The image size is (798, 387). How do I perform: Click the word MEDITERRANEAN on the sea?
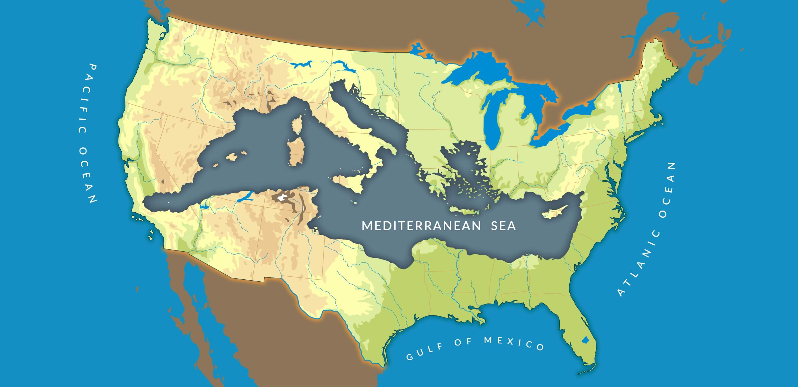coord(421,226)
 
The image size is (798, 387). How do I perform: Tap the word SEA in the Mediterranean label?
coord(503,226)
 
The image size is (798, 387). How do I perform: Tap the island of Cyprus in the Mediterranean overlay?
coord(555,213)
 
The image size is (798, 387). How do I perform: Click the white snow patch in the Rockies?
coord(282,197)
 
